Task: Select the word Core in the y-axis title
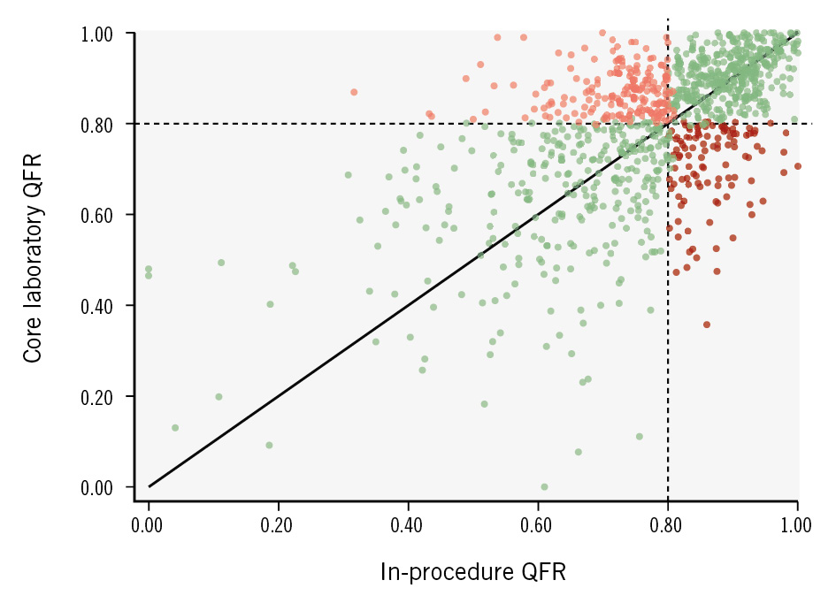click(33, 341)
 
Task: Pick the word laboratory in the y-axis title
click(33, 254)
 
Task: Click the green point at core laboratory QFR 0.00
click(544, 487)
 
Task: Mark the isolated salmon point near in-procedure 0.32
click(354, 92)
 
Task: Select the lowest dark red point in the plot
click(707, 325)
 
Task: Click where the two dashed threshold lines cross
click(667, 124)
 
